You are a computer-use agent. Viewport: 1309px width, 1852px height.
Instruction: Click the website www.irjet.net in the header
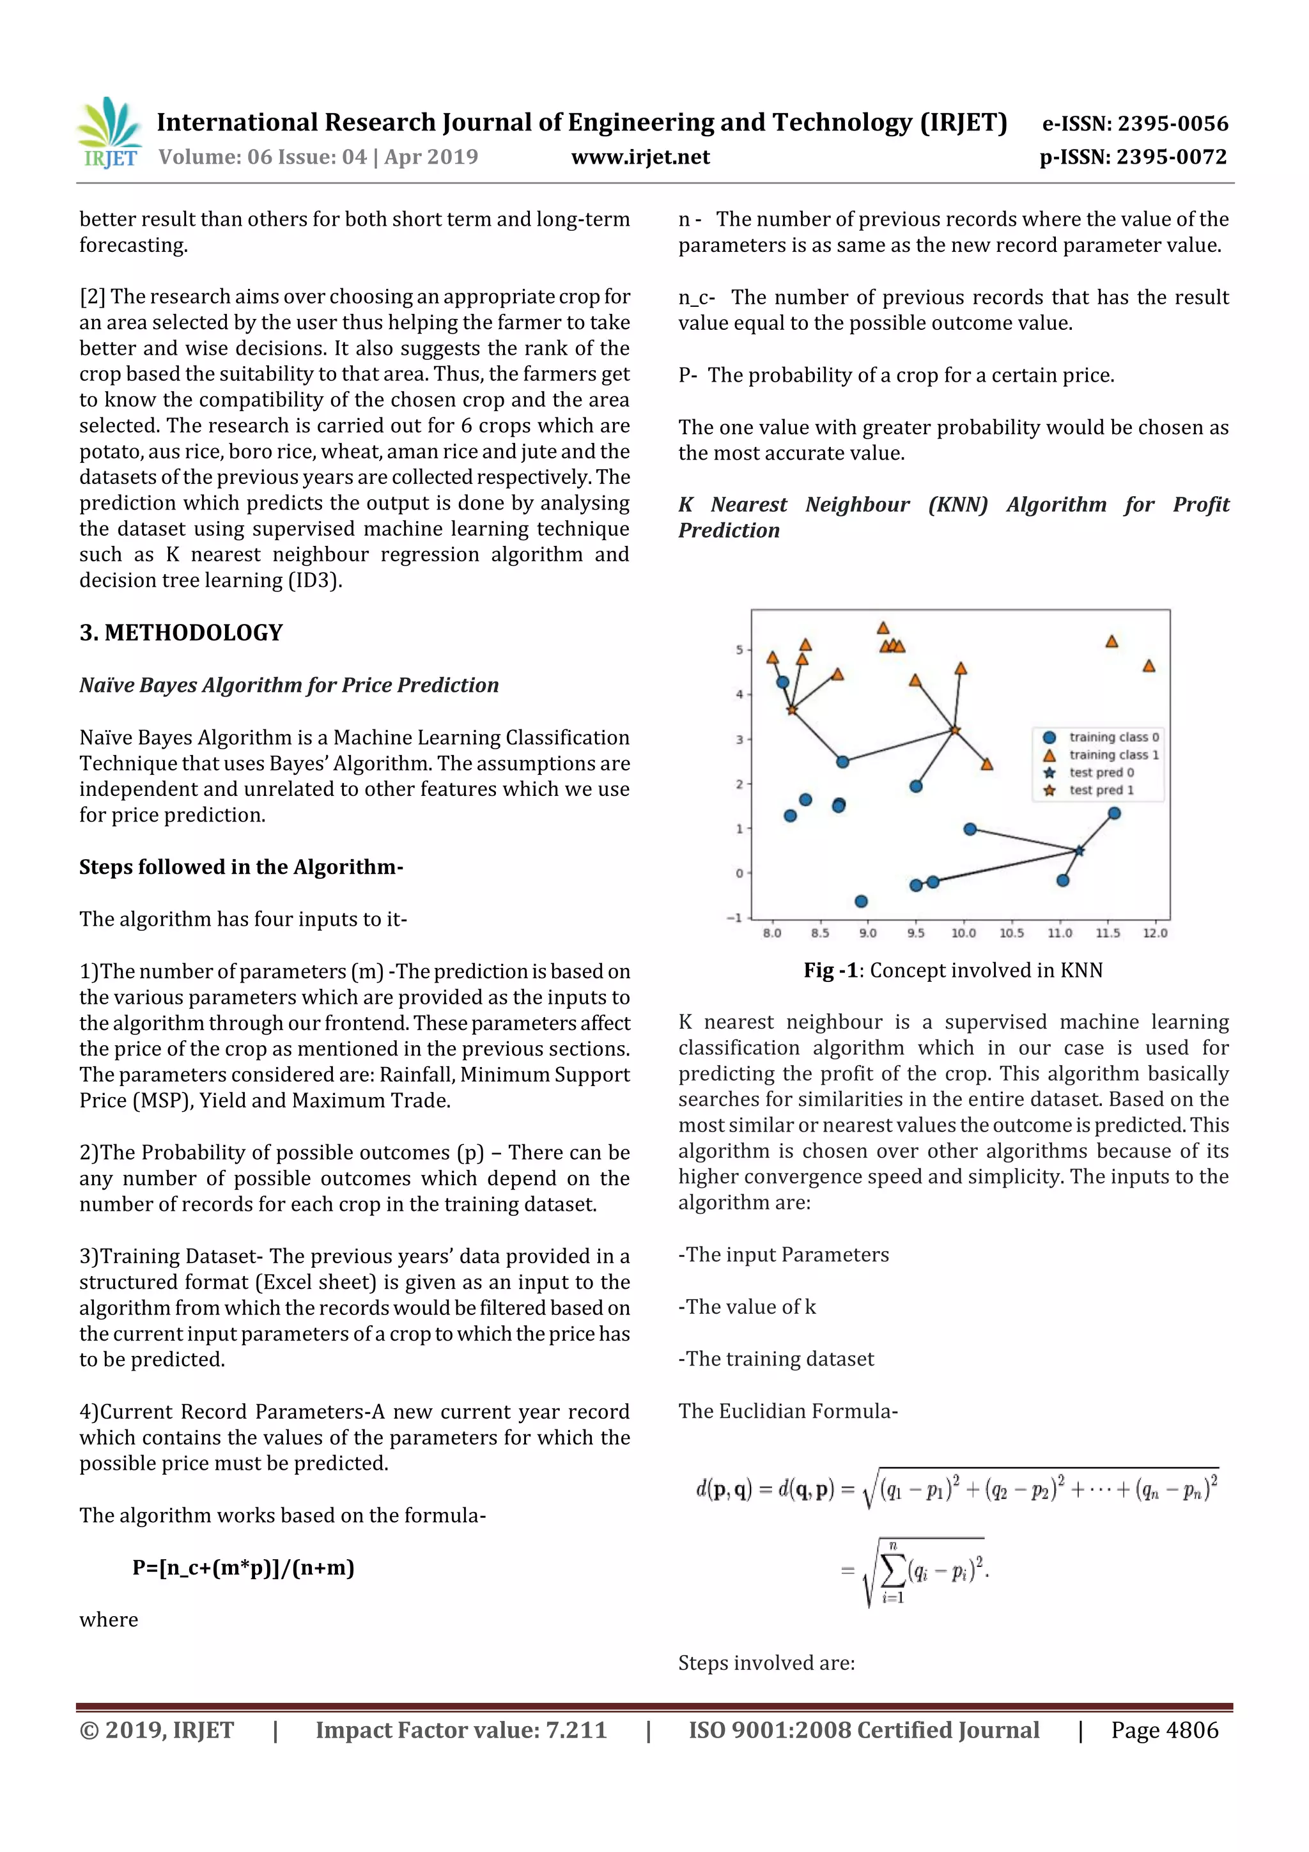[640, 157]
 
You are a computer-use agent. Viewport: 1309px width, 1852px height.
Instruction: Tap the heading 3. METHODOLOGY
[181, 632]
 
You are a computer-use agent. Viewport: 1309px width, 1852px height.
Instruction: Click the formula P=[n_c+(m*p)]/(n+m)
[243, 1568]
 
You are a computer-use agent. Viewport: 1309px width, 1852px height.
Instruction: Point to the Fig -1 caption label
[830, 970]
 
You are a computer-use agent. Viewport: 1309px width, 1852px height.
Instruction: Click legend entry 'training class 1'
[1113, 755]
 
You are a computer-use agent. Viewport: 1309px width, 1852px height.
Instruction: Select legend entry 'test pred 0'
[1101, 773]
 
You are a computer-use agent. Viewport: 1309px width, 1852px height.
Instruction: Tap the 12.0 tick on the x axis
[1154, 933]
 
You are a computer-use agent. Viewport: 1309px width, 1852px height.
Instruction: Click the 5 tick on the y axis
[739, 650]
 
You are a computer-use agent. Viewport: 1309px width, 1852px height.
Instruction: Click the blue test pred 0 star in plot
[1079, 850]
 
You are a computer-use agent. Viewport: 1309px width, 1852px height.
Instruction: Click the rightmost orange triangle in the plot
[1149, 666]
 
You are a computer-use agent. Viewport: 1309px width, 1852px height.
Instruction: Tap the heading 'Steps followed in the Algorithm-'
[240, 867]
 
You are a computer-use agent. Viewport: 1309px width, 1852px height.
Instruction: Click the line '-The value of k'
[747, 1307]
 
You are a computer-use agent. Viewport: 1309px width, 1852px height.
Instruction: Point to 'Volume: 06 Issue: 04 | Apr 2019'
[318, 157]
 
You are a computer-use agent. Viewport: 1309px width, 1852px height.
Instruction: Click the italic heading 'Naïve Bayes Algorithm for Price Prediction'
[289, 685]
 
